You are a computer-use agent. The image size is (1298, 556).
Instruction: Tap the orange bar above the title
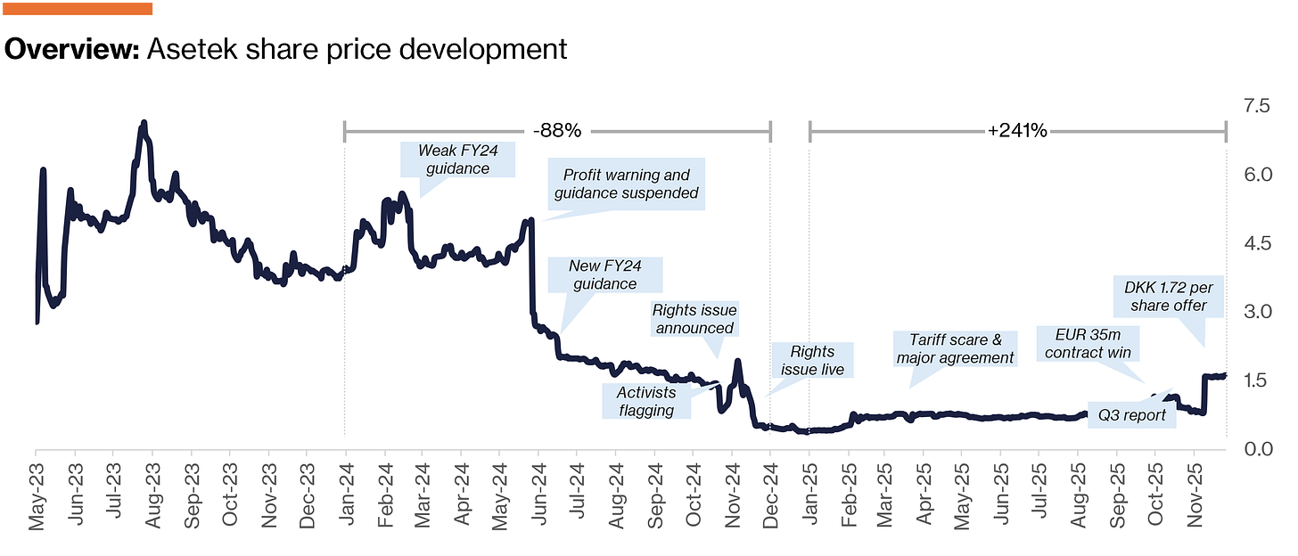(x=78, y=9)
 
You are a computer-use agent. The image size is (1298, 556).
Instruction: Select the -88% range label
(x=557, y=131)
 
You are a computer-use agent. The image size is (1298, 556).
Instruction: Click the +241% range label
(x=1017, y=131)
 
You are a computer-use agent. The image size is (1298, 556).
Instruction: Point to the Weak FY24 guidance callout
(x=458, y=159)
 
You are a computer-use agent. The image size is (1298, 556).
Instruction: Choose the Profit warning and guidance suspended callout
(x=627, y=184)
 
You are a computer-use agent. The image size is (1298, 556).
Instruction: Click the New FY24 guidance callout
(x=605, y=275)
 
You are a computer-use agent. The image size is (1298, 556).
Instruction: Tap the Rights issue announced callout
(x=694, y=319)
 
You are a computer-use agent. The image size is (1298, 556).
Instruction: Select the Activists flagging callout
(x=646, y=401)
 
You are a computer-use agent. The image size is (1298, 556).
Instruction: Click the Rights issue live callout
(x=812, y=360)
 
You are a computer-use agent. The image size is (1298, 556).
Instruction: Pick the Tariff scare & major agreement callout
(x=955, y=348)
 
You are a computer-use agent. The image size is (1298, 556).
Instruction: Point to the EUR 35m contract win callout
(x=1088, y=343)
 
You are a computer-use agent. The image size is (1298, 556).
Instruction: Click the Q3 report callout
(x=1131, y=415)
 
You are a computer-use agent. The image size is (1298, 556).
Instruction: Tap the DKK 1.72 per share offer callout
(x=1168, y=297)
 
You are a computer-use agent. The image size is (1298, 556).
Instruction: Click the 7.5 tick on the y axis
(x=1257, y=106)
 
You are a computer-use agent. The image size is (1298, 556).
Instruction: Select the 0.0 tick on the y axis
(x=1258, y=449)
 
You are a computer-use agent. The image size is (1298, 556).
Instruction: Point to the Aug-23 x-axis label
(x=152, y=495)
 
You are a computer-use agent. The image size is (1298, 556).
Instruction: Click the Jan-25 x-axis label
(x=809, y=495)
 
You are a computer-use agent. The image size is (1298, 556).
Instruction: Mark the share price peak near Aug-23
(x=144, y=123)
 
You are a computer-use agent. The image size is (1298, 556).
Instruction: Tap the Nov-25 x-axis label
(x=1195, y=495)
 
